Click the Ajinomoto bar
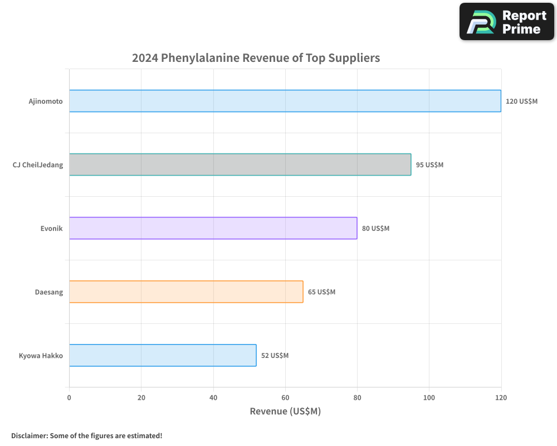[285, 101]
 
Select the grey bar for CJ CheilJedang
[240, 164]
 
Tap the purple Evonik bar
[213, 228]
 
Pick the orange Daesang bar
[186, 292]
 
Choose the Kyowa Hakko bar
[163, 355]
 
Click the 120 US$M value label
[521, 101]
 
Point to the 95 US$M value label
[429, 165]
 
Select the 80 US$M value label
[375, 229]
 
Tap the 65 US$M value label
[321, 292]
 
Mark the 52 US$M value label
[275, 356]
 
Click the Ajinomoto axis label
[46, 101]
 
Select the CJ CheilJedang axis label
[38, 165]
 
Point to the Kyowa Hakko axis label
[41, 356]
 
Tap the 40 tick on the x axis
[213, 398]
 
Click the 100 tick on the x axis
[429, 398]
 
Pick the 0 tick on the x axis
[69, 398]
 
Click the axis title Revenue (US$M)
[285, 411]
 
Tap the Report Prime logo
[507, 22]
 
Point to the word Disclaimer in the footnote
[28, 435]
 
